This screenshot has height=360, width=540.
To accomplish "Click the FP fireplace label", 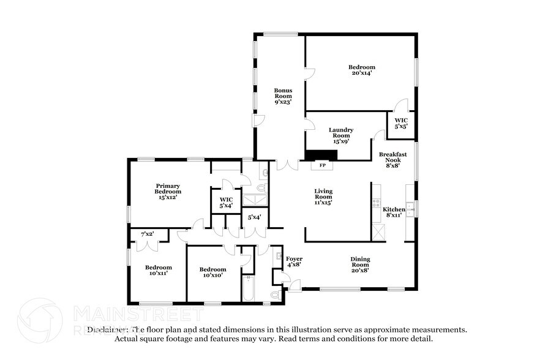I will tap(322, 165).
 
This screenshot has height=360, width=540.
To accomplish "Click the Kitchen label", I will tap(394, 209).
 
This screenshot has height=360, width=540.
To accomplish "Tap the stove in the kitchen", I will tap(377, 203).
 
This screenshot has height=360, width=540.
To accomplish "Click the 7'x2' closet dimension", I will tap(147, 234).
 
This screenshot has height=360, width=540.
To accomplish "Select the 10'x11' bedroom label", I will tap(158, 270).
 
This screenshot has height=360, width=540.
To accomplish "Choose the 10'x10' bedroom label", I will tap(212, 272).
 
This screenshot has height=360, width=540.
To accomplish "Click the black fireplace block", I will tap(318, 155).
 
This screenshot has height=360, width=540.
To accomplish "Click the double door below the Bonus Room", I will tap(287, 165).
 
